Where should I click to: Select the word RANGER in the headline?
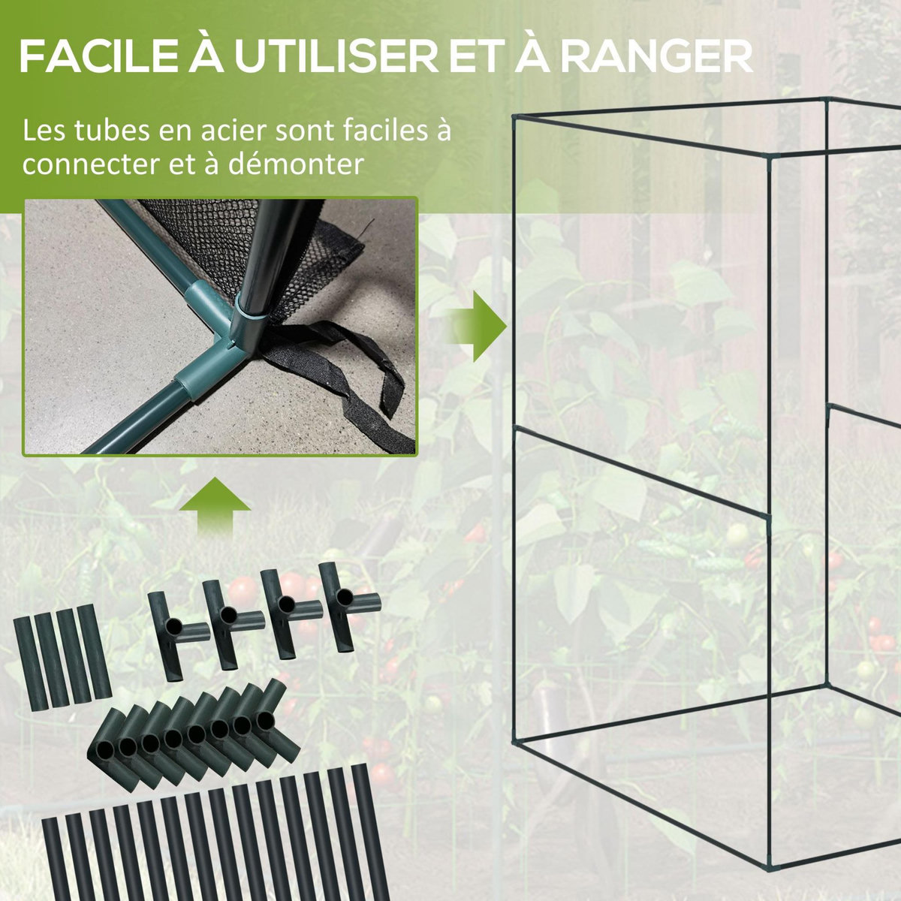[x=656, y=58]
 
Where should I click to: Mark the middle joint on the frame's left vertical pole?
[x=514, y=430]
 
